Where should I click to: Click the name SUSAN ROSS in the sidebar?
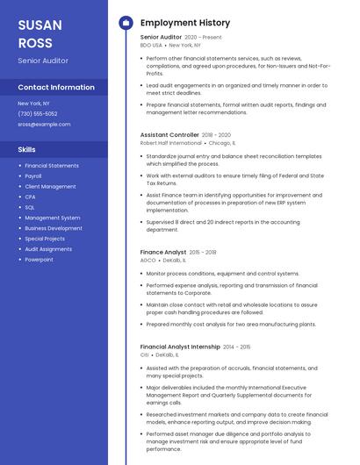(x=40, y=34)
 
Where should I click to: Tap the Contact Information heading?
(x=56, y=88)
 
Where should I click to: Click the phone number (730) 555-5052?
(x=37, y=114)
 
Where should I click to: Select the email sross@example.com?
(x=44, y=125)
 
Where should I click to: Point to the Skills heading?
(x=26, y=149)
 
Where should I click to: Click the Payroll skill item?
(x=34, y=176)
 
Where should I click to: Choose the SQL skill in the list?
(x=30, y=207)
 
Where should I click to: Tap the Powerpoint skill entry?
(x=39, y=260)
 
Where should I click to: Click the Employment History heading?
(x=184, y=23)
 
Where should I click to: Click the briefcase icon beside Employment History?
(x=126, y=23)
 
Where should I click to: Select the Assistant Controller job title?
(x=169, y=135)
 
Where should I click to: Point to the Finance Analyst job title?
(x=162, y=252)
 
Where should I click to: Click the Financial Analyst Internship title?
(x=180, y=347)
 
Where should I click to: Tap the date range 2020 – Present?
(x=204, y=38)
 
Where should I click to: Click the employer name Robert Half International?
(x=170, y=142)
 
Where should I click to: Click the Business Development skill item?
(x=54, y=228)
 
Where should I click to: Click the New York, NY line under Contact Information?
(x=33, y=104)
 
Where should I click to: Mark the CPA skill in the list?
(x=30, y=197)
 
